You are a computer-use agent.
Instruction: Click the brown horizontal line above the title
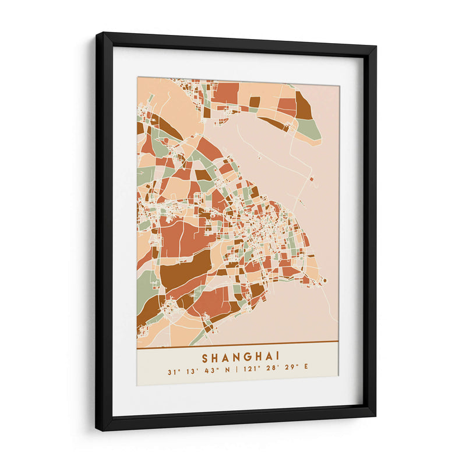coord(237,341)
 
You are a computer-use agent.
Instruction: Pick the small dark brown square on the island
coord(255,102)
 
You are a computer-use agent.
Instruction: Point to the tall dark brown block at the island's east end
coord(303,105)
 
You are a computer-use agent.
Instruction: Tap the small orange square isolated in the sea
coord(312,179)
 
